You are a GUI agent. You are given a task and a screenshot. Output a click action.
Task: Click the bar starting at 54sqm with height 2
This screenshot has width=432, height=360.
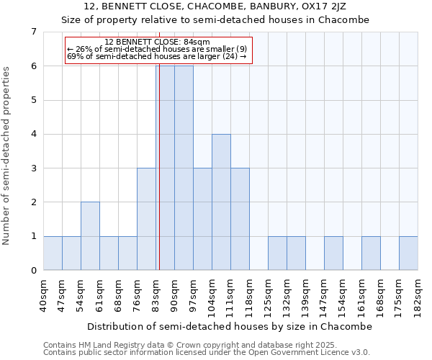[90, 236]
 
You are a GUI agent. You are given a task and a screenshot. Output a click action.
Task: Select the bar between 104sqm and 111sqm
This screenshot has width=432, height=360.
[221, 202]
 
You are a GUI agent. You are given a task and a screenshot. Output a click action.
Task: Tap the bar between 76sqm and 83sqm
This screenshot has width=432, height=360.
[146, 219]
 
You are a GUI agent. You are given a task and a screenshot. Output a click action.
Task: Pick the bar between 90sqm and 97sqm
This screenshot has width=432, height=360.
[184, 168]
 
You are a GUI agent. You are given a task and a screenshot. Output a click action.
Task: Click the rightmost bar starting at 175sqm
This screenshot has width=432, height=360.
[408, 253]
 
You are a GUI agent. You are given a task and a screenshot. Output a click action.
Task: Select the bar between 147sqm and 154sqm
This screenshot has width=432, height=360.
[333, 253]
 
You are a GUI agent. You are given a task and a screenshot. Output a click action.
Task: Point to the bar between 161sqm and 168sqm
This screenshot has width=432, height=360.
[371, 253]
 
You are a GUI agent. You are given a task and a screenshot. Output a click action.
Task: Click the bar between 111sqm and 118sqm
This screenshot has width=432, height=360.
[240, 219]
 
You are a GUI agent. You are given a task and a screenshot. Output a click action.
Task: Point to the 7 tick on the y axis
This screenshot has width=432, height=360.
[33, 32]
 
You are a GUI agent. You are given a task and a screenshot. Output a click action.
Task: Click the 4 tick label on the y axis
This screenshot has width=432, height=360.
[33, 134]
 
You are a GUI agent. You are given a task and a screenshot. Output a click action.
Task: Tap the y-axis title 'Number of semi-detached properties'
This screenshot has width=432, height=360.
[7, 156]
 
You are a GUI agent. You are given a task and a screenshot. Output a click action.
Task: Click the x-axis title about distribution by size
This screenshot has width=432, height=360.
[230, 326]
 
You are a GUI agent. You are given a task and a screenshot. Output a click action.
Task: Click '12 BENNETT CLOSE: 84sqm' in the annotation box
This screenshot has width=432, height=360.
[157, 42]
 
